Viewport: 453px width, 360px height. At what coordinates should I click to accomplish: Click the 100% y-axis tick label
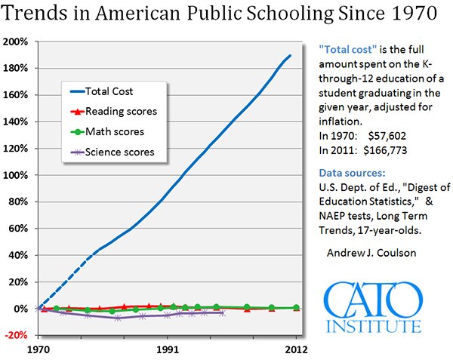coord(16,175)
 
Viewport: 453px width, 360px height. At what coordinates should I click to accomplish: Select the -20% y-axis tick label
coord(16,335)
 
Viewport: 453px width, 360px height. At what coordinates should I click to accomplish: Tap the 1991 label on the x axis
coord(168,350)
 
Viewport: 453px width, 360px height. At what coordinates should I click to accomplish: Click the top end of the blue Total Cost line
coord(291,55)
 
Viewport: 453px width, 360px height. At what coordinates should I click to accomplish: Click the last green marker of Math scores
coord(296,308)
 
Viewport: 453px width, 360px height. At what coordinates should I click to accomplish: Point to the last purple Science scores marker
coord(221,312)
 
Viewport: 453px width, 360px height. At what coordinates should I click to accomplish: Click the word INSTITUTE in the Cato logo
coord(373,326)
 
